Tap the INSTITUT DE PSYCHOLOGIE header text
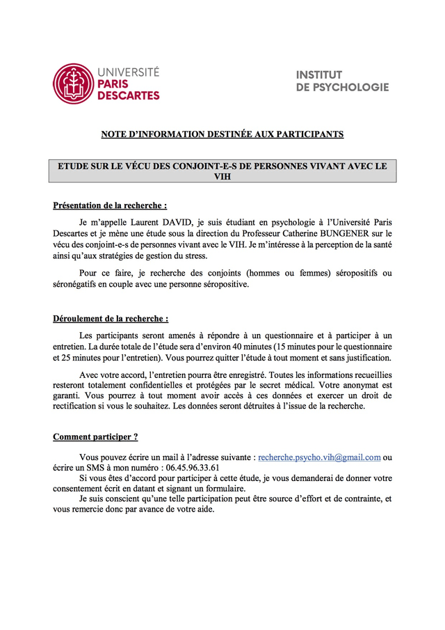pos(342,81)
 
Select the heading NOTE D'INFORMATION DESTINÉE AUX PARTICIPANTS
pos(222,134)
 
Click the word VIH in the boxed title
pos(222,178)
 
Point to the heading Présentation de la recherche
pos(110,206)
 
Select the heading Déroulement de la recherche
pos(111,319)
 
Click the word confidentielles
pos(156,386)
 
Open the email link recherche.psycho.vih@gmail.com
pos(319,457)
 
